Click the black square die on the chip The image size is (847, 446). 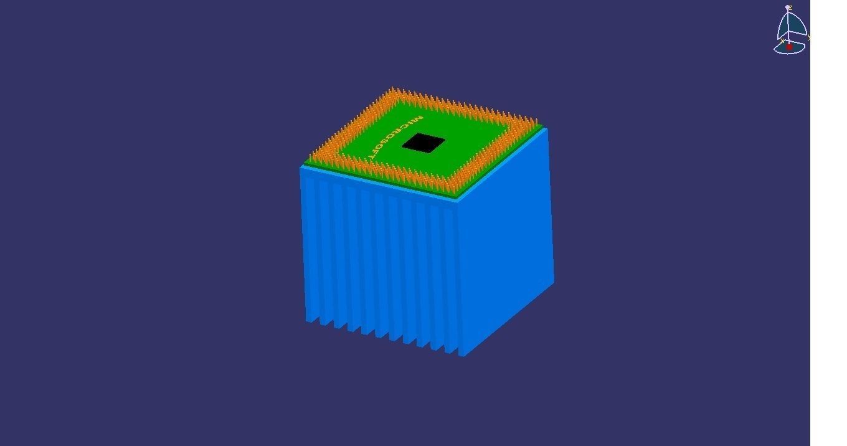[423, 143]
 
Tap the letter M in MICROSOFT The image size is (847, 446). [417, 118]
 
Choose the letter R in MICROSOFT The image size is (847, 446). [402, 131]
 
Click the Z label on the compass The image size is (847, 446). [790, 8]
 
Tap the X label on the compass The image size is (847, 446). [782, 41]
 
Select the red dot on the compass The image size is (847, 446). [789, 47]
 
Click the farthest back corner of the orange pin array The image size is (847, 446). [392, 89]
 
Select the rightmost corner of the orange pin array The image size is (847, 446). [537, 121]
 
